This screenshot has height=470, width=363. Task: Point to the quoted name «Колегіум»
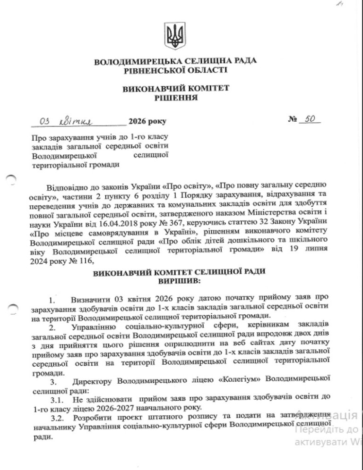point(242,381)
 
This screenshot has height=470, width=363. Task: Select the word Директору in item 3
point(93,382)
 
